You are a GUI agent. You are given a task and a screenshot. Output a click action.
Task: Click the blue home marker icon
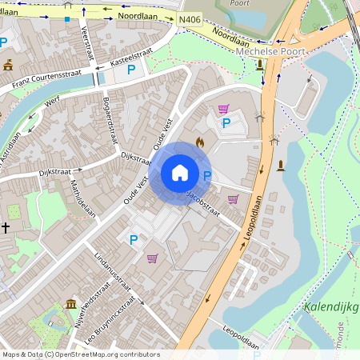point(180,172)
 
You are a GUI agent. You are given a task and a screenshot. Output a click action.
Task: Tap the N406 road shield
point(190,20)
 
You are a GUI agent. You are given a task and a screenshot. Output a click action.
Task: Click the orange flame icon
point(200,142)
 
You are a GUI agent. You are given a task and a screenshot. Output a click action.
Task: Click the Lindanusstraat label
point(111,272)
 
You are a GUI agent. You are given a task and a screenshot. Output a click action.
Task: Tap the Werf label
point(53,102)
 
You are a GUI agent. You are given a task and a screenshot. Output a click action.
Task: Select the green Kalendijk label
point(331,307)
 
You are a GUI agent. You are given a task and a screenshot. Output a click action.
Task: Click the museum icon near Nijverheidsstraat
point(71,304)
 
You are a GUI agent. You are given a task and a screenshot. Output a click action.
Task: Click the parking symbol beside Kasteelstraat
point(130,70)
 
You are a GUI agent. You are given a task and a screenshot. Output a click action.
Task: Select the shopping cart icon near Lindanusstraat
point(152,258)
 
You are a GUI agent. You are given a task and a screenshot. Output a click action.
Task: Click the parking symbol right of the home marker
point(207,175)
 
